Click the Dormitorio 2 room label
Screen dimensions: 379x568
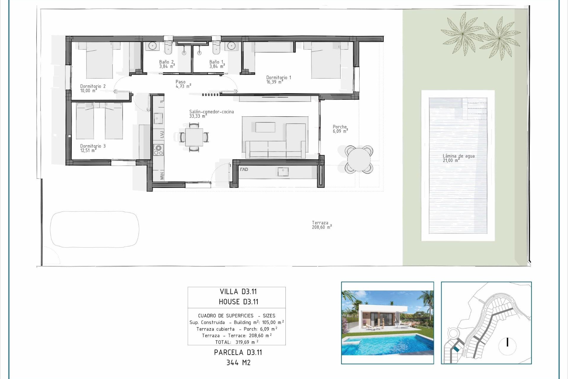pyautogui.click(x=93, y=86)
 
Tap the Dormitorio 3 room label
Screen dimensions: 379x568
pyautogui.click(x=93, y=146)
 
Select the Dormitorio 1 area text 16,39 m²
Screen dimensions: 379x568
pyautogui.click(x=274, y=82)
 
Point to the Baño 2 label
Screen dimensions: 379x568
pyautogui.click(x=167, y=62)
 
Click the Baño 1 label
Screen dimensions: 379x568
pyautogui.click(x=217, y=62)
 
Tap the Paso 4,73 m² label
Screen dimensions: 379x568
pyautogui.click(x=183, y=84)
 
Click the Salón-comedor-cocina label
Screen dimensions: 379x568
pyautogui.click(x=211, y=112)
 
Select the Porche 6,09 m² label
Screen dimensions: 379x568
pyautogui.click(x=340, y=129)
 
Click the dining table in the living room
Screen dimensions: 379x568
pyautogui.click(x=194, y=137)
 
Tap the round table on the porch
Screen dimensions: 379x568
pyautogui.click(x=359, y=159)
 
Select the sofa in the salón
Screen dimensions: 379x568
pyautogui.click(x=275, y=150)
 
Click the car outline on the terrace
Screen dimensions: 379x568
pyautogui.click(x=94, y=229)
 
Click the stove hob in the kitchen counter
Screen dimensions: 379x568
pyautogui.click(x=158, y=150)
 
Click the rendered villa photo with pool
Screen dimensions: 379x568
pyautogui.click(x=387, y=323)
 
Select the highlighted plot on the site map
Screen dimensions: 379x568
pyautogui.click(x=456, y=349)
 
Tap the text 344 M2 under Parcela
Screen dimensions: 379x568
pyautogui.click(x=238, y=362)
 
